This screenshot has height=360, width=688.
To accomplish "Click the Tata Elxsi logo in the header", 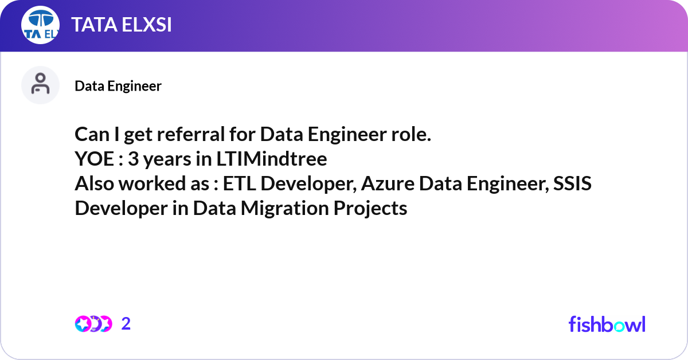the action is (x=40, y=25).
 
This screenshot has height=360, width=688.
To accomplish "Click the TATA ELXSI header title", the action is (x=122, y=25).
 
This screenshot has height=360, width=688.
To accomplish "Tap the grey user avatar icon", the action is (x=40, y=85).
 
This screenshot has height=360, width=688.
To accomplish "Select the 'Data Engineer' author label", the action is (x=118, y=86).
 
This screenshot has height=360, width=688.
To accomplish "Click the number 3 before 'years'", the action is (x=134, y=159).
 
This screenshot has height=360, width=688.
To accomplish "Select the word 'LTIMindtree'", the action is (x=272, y=159).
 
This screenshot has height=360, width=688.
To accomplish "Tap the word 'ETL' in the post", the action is (x=239, y=183).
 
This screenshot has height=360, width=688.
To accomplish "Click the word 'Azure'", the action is (x=388, y=183).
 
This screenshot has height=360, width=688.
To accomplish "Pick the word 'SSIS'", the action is (x=572, y=183).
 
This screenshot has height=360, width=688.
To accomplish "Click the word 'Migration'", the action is (x=285, y=208).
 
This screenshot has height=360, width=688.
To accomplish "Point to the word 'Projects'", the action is (x=370, y=208).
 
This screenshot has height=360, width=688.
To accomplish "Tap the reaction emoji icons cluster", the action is (x=93, y=324).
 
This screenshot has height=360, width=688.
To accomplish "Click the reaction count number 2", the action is (x=126, y=324).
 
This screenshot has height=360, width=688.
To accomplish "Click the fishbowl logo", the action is (x=607, y=324).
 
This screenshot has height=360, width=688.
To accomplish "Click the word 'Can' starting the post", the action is (x=92, y=134).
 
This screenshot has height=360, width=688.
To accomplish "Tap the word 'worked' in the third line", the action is (x=152, y=183).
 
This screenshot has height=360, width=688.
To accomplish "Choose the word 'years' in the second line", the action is (x=167, y=160).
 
